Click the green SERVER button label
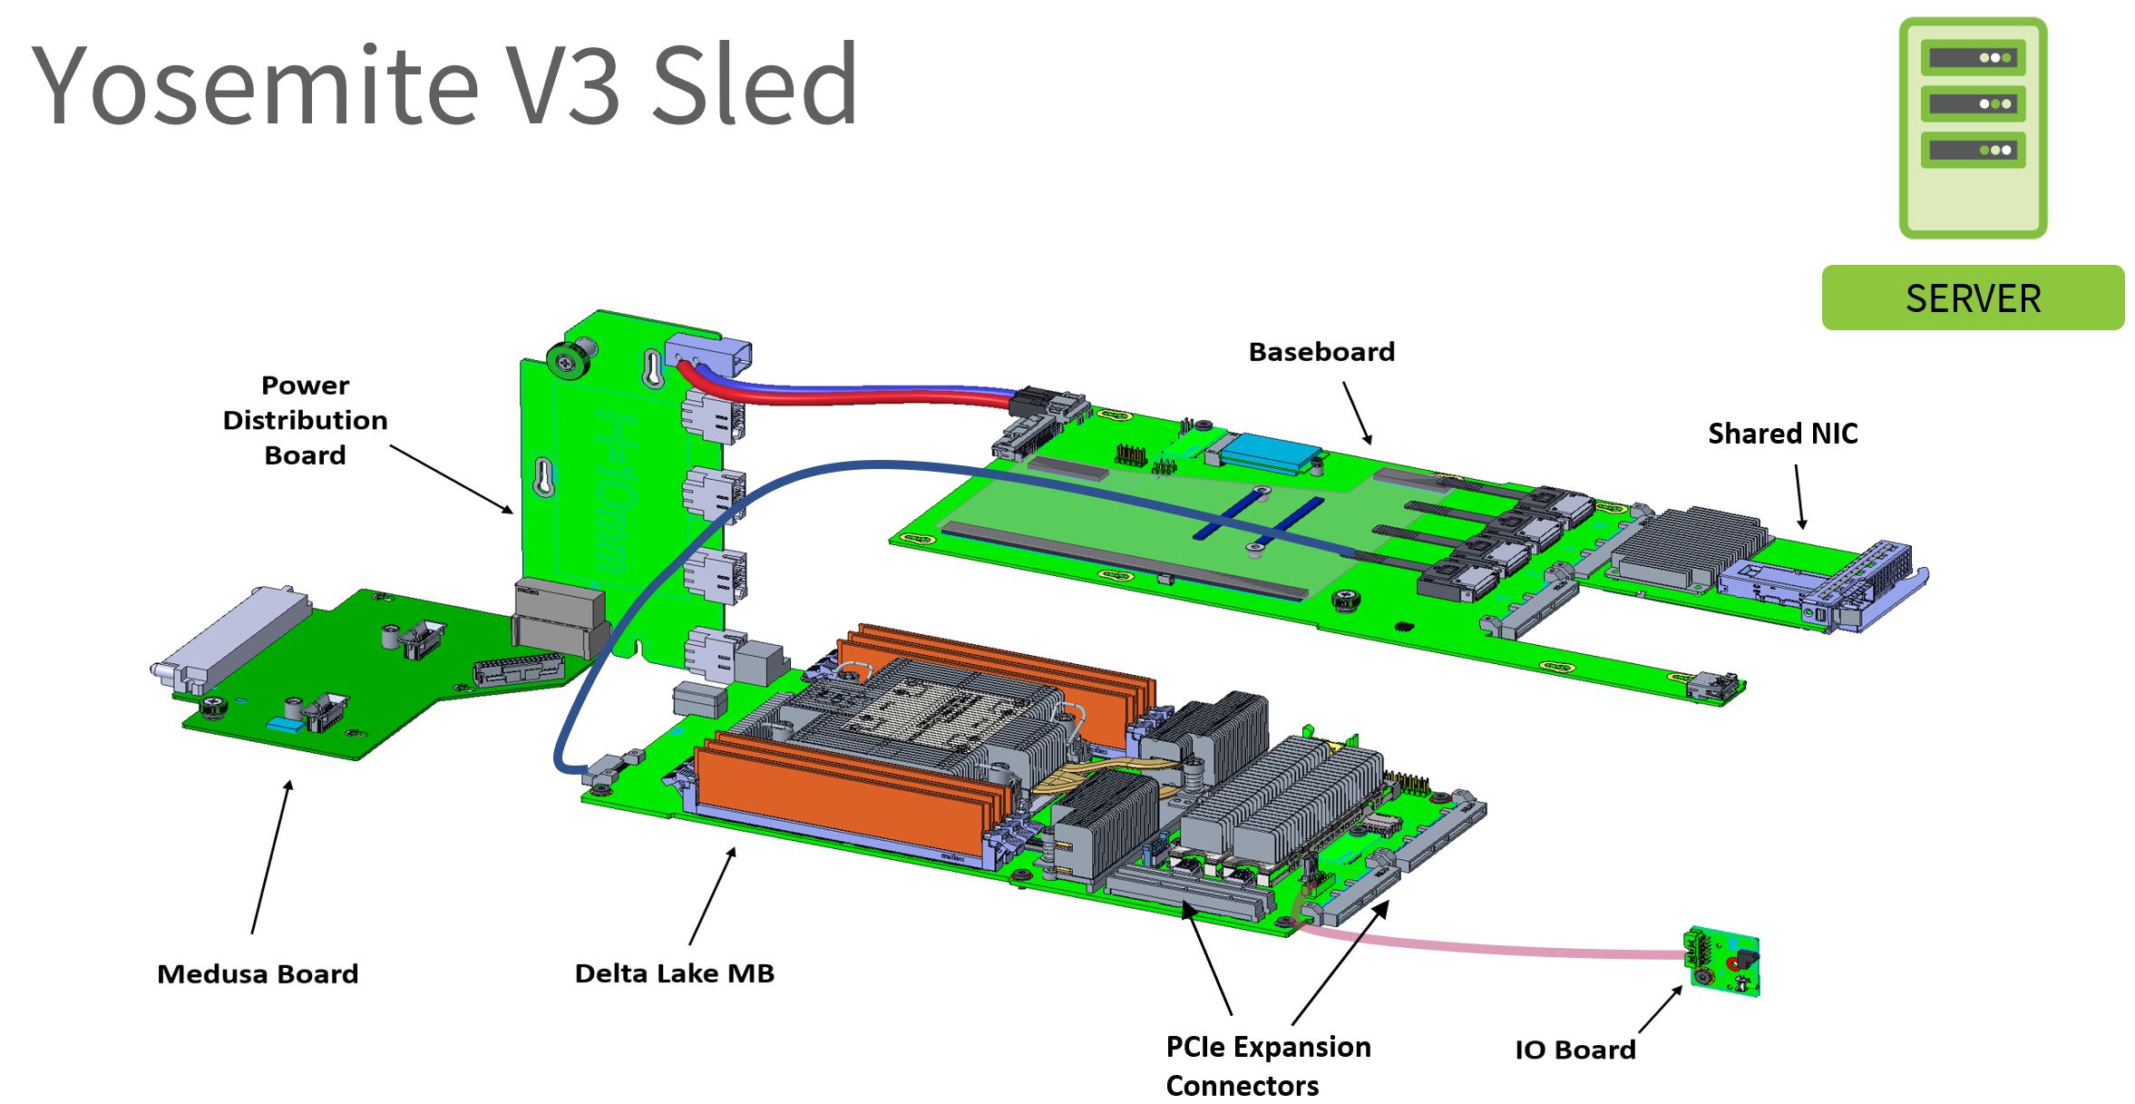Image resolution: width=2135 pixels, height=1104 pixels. click(x=1973, y=298)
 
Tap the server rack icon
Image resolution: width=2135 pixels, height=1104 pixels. click(x=1973, y=128)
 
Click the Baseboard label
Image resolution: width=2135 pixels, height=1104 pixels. click(x=1321, y=352)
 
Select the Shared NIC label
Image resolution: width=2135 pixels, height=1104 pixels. click(x=1782, y=434)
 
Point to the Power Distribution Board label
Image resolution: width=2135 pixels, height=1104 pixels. click(x=305, y=420)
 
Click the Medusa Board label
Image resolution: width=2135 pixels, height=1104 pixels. click(x=258, y=974)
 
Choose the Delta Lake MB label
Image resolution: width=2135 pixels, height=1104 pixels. click(x=674, y=973)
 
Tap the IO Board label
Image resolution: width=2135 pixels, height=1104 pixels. click(x=1574, y=1050)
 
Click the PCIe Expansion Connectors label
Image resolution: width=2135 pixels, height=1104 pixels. click(x=1267, y=1066)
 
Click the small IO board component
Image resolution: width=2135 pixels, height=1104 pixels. click(x=1721, y=962)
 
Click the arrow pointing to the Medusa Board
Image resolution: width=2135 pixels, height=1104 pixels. click(x=271, y=856)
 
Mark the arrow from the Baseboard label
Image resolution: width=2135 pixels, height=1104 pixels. click(x=1357, y=413)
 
